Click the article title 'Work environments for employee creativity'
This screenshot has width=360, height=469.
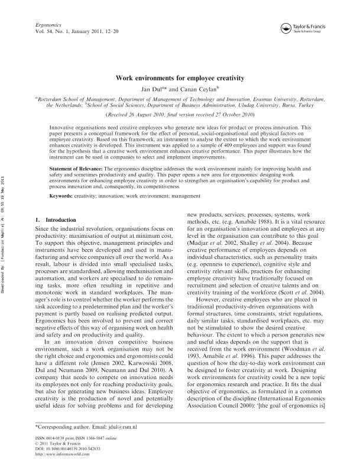(x=179, y=77)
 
